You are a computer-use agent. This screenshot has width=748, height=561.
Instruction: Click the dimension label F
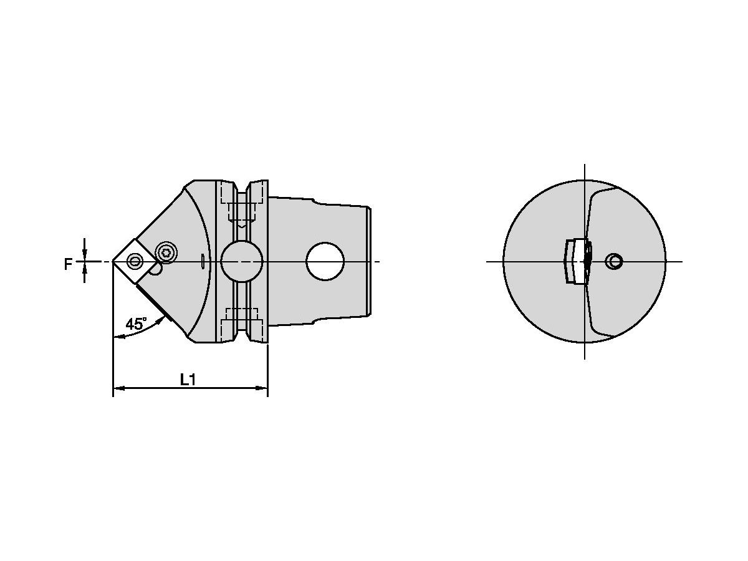(x=68, y=264)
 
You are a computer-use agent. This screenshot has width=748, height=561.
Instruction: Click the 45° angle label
(x=136, y=324)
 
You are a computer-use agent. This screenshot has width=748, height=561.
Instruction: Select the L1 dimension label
(x=188, y=380)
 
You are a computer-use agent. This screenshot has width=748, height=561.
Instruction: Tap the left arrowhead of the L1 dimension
(x=117, y=388)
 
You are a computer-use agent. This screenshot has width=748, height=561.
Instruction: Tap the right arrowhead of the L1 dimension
(x=263, y=388)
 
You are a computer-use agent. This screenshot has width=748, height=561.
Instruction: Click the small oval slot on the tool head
(x=204, y=262)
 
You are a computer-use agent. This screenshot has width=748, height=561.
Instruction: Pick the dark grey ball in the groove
(x=241, y=262)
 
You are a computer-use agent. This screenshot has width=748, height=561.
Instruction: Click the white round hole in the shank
(x=325, y=261)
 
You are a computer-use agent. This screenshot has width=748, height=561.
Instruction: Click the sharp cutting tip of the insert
(x=113, y=261)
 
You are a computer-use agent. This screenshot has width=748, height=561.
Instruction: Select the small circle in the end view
(x=614, y=262)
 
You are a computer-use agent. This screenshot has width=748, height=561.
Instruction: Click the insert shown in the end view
(x=577, y=261)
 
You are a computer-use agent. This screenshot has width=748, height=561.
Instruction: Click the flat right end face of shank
(x=372, y=261)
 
